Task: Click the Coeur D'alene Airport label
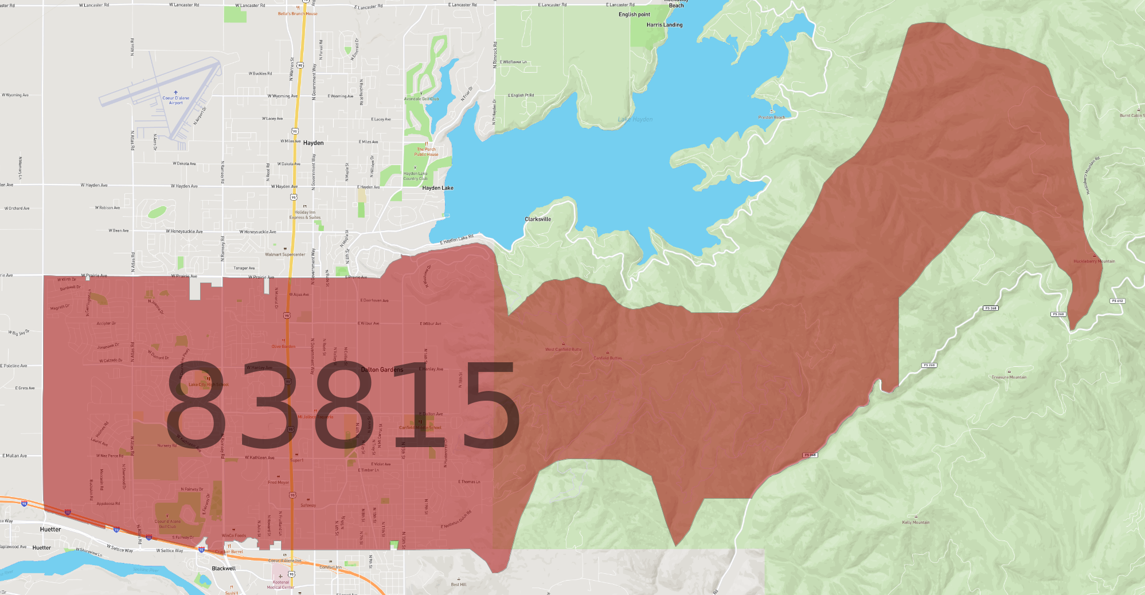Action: pyautogui.click(x=175, y=100)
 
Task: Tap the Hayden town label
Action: pyautogui.click(x=313, y=143)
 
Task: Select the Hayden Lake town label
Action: pyautogui.click(x=437, y=188)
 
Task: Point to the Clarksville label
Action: pyautogui.click(x=538, y=219)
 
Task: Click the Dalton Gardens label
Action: pyautogui.click(x=382, y=370)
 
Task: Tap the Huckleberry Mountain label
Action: pyautogui.click(x=1094, y=261)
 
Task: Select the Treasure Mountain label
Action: pyautogui.click(x=1009, y=377)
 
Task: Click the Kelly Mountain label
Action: pyautogui.click(x=916, y=522)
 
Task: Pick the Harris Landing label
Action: pyautogui.click(x=665, y=25)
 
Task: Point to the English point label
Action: pyautogui.click(x=634, y=14)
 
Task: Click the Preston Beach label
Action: pyautogui.click(x=772, y=117)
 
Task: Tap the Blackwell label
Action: pyautogui.click(x=224, y=569)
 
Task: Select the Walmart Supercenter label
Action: pyautogui.click(x=285, y=255)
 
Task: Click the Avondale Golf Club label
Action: pyautogui.click(x=421, y=99)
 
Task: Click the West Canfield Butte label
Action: pyautogui.click(x=563, y=349)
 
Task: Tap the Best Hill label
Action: pyautogui.click(x=459, y=585)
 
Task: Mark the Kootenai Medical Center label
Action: pyautogui.click(x=280, y=585)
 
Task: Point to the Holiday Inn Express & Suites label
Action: pyautogui.click(x=305, y=215)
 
